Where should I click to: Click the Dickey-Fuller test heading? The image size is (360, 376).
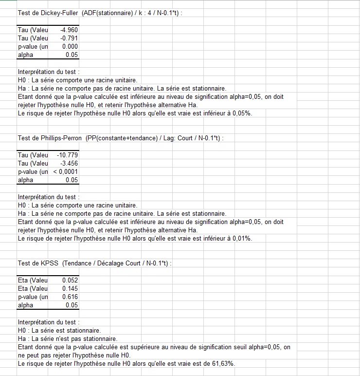[x=100, y=13]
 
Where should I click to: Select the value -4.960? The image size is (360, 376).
[x=69, y=30]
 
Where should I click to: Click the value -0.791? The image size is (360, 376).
[x=69, y=38]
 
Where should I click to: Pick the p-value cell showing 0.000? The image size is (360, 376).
[x=70, y=46]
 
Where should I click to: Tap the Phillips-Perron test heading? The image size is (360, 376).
[x=121, y=138]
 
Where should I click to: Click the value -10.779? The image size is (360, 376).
[x=68, y=155]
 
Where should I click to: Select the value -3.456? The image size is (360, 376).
[x=69, y=163]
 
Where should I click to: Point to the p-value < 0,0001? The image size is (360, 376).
[x=66, y=171]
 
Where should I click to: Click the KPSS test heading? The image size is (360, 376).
[x=95, y=263]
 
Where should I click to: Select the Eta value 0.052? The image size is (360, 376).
[x=70, y=280]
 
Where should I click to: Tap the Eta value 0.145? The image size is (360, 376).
[x=70, y=288]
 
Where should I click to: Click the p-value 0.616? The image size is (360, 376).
[x=70, y=297]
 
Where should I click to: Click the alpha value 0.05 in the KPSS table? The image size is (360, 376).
[x=72, y=305]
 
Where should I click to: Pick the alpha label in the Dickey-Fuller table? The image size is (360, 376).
[x=25, y=55]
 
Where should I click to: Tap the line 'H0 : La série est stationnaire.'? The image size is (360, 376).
[x=59, y=331]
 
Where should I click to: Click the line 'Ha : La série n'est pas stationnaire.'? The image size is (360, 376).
[x=68, y=339]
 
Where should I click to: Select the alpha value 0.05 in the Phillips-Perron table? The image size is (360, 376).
[x=72, y=180]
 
